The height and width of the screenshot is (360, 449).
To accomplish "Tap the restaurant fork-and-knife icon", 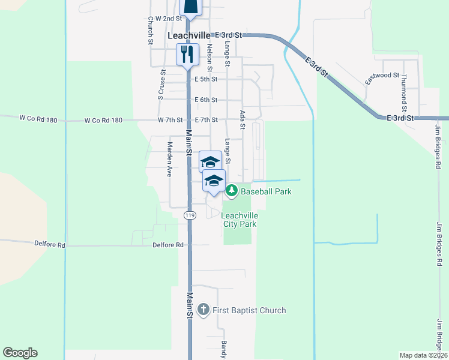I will tap(187, 54).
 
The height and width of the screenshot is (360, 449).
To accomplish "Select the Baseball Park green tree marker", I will tap(232, 191).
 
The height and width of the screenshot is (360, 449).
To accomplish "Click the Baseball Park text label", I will tap(266, 192).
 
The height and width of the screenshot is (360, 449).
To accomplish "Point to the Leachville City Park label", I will tap(240, 220).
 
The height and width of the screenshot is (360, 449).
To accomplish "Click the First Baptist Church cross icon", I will tap(203, 310).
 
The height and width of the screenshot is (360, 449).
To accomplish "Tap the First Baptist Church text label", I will tap(249, 310).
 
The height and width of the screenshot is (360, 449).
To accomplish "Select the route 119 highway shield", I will tap(190, 215).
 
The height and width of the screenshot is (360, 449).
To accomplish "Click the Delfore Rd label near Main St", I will tap(167, 245).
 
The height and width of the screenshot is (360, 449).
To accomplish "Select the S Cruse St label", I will tap(161, 85).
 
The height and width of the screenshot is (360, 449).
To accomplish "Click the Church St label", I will tap(150, 29).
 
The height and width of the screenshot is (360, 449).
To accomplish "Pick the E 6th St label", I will tap(206, 100).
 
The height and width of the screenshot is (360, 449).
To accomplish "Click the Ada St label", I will tap(243, 119).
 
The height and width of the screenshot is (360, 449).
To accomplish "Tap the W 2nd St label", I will tap(168, 19).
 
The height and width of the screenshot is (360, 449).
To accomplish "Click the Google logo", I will tap(20, 353).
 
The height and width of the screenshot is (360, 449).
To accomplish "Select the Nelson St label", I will tap(209, 55).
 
